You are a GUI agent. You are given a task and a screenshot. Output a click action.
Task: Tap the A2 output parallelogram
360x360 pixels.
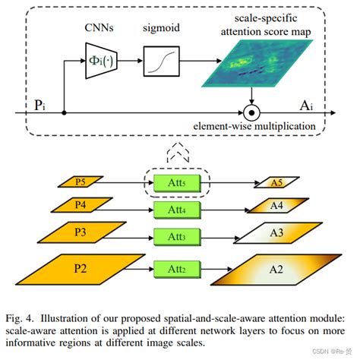pyautogui.click(x=279, y=270)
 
